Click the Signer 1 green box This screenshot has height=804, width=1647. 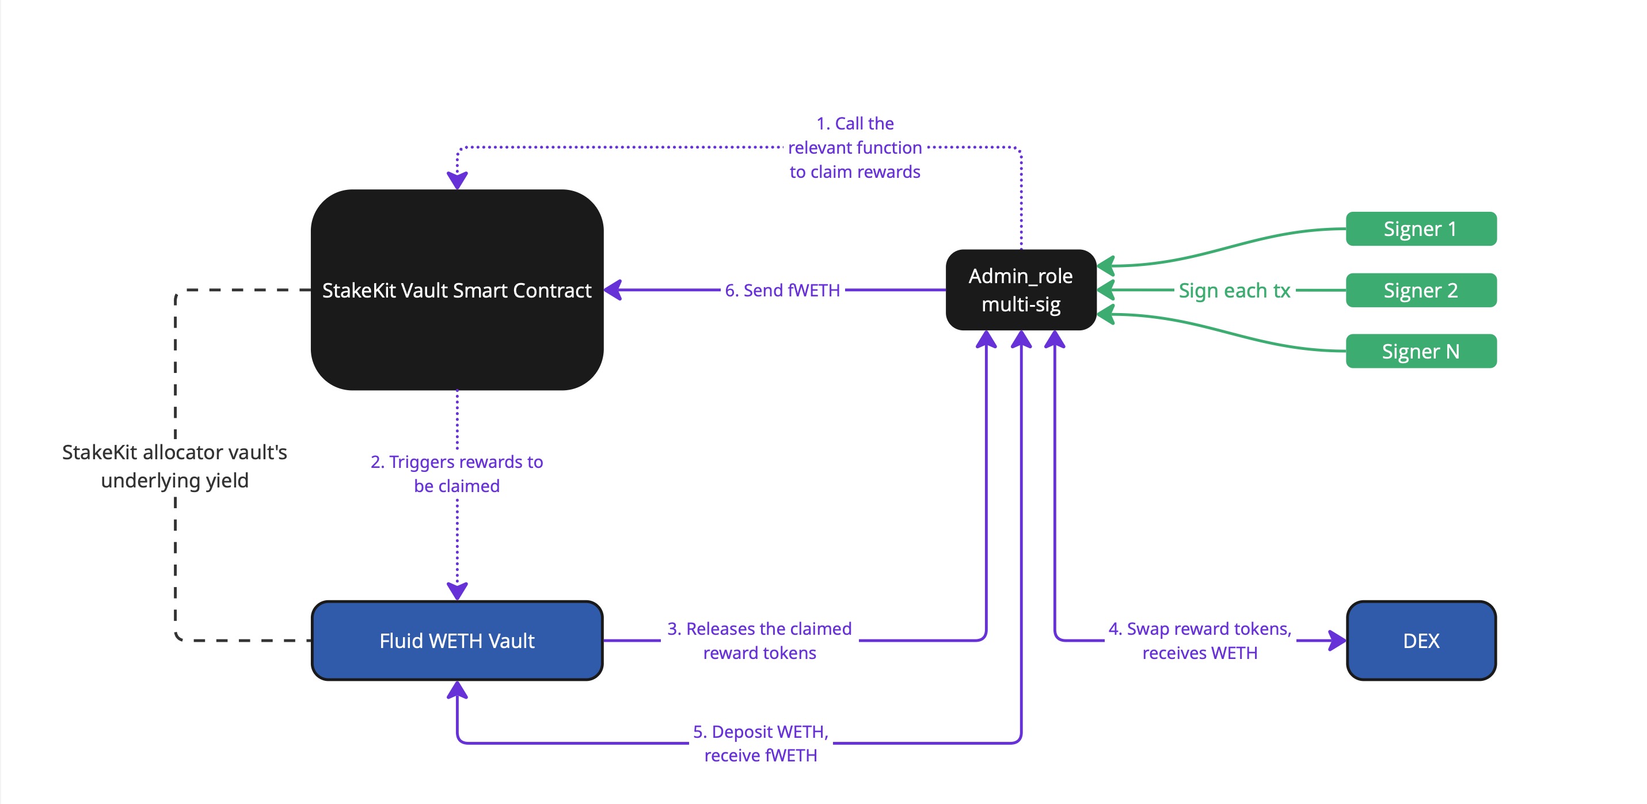point(1421,229)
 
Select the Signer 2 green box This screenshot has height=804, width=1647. point(1421,290)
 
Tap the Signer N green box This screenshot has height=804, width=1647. point(1421,351)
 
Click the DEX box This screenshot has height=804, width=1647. point(1421,641)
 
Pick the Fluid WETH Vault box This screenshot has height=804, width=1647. point(457,641)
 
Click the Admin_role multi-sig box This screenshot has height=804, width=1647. point(1021,290)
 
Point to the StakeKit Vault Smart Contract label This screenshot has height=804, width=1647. point(457,290)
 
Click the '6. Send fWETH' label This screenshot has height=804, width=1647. point(782,290)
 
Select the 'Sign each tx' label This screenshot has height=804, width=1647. point(1234,290)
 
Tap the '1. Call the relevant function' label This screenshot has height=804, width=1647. point(855,148)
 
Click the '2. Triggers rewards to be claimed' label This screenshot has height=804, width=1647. point(457,474)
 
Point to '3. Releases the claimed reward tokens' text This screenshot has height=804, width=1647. point(759,641)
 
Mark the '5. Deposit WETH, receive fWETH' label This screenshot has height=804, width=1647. point(760,744)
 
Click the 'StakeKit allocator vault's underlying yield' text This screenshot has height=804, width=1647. point(174,466)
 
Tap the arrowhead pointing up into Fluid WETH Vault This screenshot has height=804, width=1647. point(457,689)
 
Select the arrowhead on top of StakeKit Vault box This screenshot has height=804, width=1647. point(457,181)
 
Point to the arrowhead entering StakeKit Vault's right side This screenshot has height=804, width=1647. point(613,290)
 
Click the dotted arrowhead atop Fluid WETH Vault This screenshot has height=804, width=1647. point(457,591)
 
